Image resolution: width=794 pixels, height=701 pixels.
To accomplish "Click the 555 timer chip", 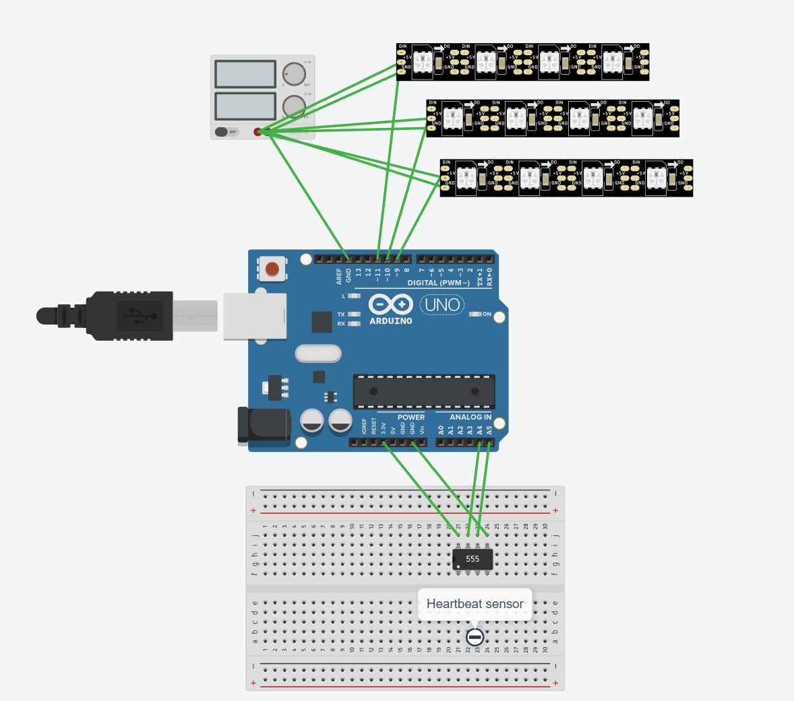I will click(x=472, y=559).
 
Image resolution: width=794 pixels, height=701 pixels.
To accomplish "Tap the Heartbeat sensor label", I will click(x=475, y=604).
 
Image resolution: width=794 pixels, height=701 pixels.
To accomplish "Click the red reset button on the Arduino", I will click(x=272, y=269).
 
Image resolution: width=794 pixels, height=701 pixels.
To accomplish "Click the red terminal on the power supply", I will click(x=257, y=131).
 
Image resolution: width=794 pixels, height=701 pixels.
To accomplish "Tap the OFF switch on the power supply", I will click(x=226, y=131).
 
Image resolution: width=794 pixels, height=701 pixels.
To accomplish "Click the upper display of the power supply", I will click(x=245, y=74).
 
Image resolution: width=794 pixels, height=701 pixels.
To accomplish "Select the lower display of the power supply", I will click(x=245, y=106).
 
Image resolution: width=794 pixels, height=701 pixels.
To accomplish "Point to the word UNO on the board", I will click(x=442, y=305).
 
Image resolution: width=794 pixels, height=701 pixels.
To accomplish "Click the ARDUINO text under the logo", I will click(x=391, y=321).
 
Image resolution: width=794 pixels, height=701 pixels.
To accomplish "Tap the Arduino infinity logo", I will click(x=391, y=304).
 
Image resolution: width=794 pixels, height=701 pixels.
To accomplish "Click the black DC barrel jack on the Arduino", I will click(x=264, y=426).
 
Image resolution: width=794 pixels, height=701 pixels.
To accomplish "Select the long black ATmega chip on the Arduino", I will click(x=424, y=391).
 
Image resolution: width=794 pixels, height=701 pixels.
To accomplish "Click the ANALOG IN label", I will click(x=470, y=418).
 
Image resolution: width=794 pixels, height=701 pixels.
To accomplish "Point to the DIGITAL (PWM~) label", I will click(x=438, y=283).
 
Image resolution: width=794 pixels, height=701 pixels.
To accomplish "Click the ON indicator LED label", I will click(x=487, y=314).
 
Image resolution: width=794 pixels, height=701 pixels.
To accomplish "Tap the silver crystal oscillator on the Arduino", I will click(x=318, y=353).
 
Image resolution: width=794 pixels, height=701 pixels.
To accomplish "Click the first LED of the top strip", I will click(x=423, y=62).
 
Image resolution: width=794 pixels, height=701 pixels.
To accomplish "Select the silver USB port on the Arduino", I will click(x=255, y=316).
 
